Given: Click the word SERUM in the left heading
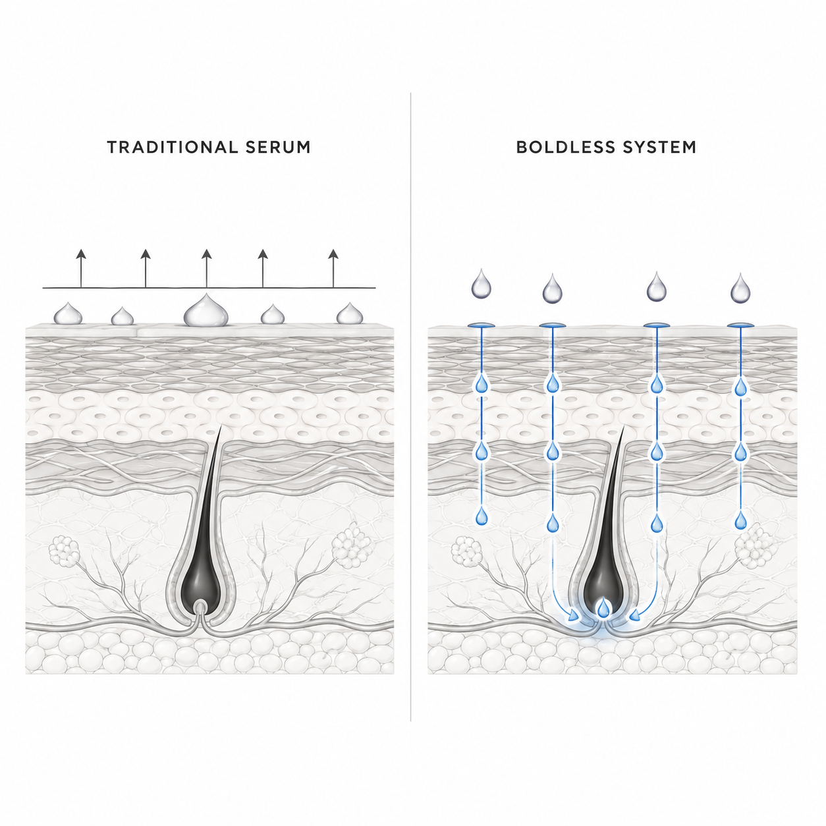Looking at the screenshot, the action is [x=278, y=147].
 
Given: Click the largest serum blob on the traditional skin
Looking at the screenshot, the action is [x=206, y=311].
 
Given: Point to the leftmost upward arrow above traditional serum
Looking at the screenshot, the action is [x=81, y=268].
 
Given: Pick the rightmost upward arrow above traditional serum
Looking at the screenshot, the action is [x=333, y=268].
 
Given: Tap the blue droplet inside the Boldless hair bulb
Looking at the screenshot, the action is [x=604, y=608].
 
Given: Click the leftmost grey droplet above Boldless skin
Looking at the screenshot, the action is [x=481, y=284].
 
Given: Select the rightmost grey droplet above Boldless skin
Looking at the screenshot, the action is [x=741, y=288].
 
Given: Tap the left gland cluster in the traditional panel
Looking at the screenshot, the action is [x=65, y=551].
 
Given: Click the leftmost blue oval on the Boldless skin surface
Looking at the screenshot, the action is [x=481, y=326].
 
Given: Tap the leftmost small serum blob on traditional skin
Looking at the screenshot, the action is [x=68, y=314].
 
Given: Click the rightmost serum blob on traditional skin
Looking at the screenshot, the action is [x=350, y=314].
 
